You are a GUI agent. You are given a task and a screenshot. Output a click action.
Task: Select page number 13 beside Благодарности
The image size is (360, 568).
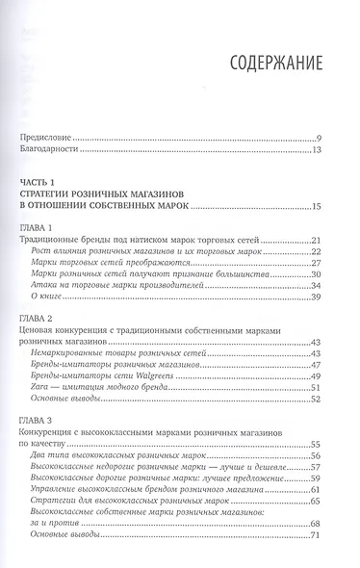327,151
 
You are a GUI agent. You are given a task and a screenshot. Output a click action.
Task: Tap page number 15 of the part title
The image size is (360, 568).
327,205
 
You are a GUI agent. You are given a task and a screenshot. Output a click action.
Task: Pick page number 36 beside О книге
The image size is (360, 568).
327,297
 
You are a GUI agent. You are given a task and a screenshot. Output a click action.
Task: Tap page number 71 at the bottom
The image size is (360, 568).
327,535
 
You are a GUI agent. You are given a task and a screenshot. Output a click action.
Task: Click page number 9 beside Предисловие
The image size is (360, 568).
330,140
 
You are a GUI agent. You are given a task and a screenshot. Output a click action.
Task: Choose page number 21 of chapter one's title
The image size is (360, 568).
327,239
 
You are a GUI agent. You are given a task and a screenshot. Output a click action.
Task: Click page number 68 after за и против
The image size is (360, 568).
327,524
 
